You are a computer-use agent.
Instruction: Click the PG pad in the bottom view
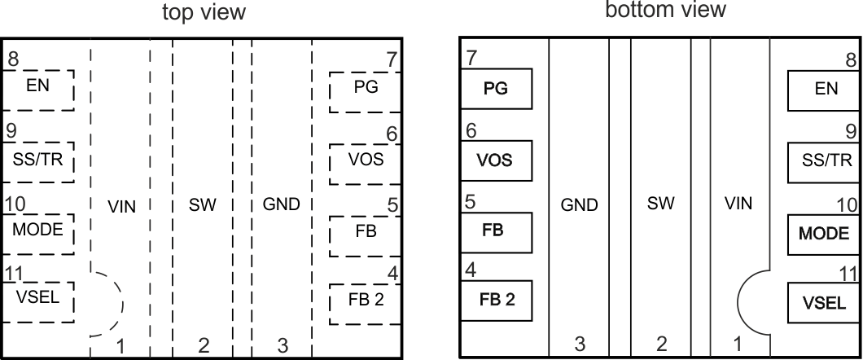496,90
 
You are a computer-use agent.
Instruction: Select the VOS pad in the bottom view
496,160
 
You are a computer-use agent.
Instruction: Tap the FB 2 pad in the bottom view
496,301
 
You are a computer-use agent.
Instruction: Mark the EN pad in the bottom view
825,90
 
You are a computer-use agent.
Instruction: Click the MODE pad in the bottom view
825,235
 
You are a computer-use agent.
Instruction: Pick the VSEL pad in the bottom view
825,305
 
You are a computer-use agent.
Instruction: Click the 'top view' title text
204,12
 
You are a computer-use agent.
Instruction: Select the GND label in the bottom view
580,205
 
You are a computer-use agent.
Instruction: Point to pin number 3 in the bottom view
580,345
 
